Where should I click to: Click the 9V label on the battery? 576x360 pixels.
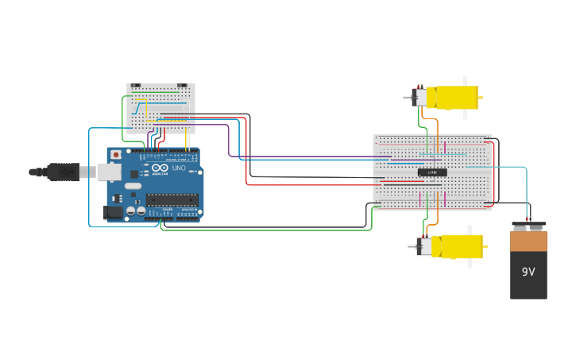coord(528,272)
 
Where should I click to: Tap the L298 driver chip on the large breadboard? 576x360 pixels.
coord(432,172)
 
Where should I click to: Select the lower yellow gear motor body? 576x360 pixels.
coord(456,246)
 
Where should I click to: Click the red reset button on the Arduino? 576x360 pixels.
coord(116,154)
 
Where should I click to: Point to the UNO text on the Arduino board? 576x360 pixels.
coord(179,168)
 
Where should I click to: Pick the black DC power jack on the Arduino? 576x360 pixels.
coord(114,211)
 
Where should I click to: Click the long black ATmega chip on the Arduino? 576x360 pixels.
coord(172,199)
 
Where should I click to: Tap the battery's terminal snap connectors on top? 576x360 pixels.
coord(528,226)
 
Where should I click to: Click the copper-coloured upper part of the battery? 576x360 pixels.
coord(528,241)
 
